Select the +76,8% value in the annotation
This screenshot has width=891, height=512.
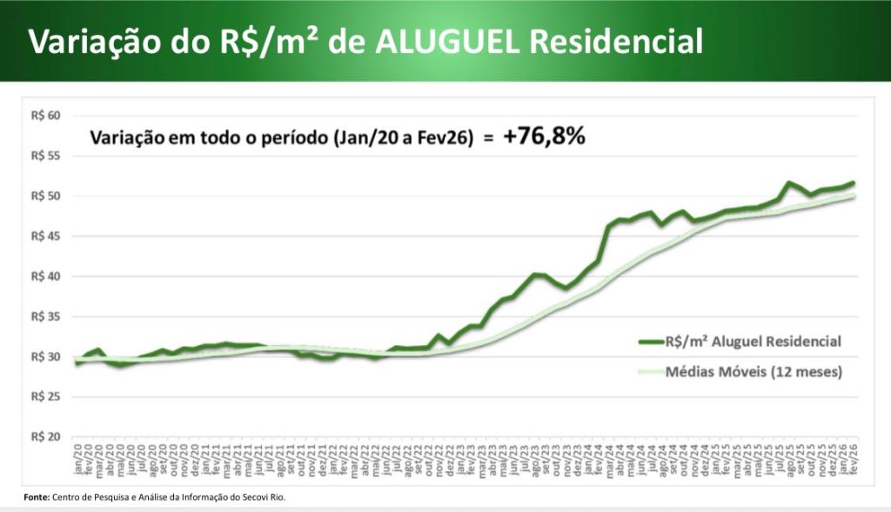pos(544,137)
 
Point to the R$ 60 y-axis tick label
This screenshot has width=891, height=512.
pos(44,116)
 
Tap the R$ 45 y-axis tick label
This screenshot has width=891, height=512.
pos(44,236)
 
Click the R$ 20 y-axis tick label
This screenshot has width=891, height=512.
pos(44,436)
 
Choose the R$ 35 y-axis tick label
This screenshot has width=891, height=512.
pos(44,316)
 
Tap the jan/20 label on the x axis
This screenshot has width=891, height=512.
pos(78,455)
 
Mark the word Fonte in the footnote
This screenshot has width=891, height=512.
pos(36,497)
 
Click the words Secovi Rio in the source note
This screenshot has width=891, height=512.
pos(264,497)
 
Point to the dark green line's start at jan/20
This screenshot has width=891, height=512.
pos(77,362)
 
